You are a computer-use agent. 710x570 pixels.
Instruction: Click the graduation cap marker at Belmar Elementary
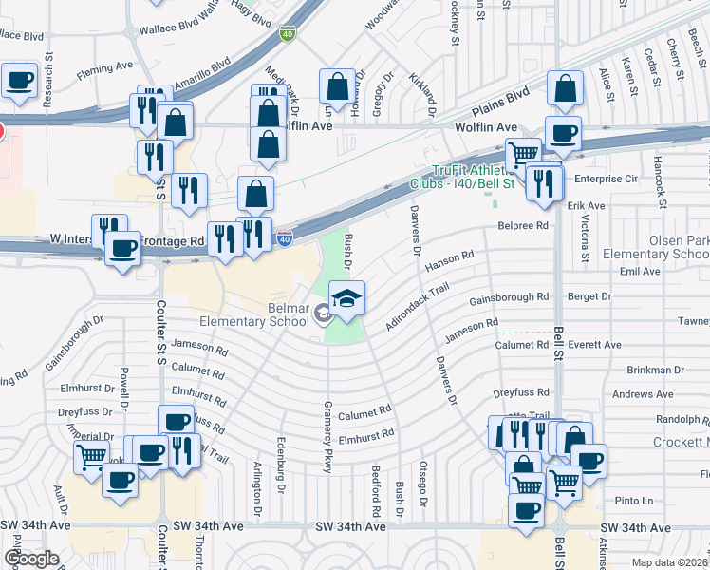347,298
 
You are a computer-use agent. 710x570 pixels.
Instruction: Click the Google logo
31,559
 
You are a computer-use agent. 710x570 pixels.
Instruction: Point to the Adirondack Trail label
416,310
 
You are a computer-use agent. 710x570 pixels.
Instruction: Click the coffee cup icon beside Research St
19,82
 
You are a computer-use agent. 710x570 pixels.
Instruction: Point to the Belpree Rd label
523,226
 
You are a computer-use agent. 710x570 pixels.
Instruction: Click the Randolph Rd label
677,418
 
